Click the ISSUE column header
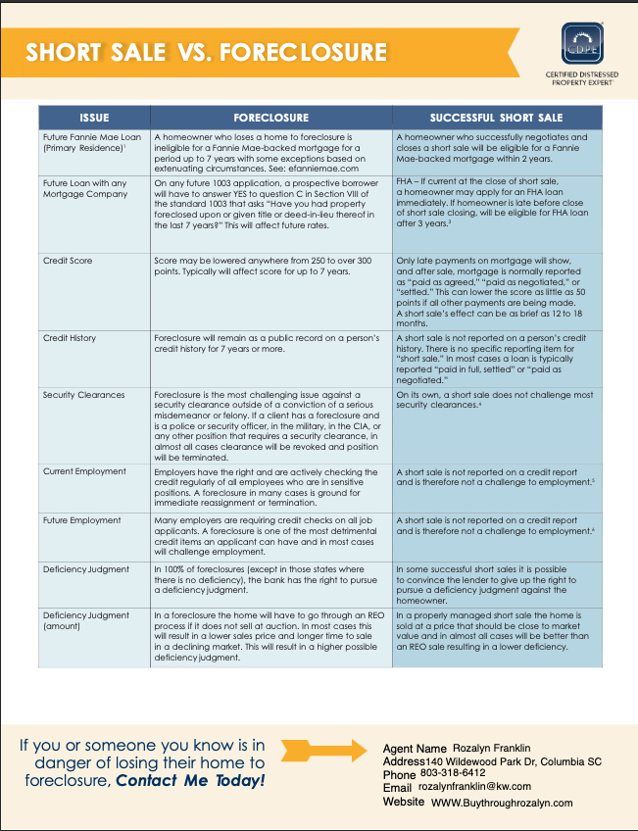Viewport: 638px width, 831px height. pos(94,118)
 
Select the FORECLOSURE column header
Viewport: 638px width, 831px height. pos(270,118)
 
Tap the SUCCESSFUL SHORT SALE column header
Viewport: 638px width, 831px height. pos(496,118)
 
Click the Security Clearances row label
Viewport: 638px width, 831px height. pos(83,395)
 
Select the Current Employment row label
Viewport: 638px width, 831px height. pos(84,471)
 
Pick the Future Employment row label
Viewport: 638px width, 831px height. pos(82,520)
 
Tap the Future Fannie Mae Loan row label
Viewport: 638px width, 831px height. pos(92,137)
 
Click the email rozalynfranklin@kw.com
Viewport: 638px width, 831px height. pos(474,787)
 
